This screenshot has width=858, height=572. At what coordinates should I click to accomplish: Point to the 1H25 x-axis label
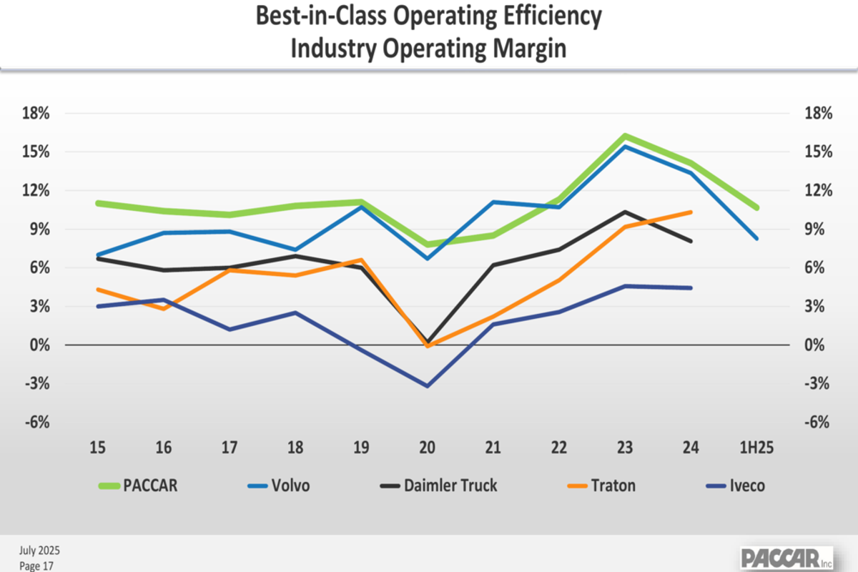pos(757,448)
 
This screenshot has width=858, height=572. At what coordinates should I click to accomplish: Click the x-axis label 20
pos(428,448)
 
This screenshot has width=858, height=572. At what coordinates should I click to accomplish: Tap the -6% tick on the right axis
pos(818,422)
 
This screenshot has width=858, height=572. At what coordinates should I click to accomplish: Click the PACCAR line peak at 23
pos(624,136)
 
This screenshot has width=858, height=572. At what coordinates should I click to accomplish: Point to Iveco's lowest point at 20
pos(428,386)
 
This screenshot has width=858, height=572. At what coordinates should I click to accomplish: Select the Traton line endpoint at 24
pos(690,212)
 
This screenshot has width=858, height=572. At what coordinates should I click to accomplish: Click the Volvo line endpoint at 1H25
pos(756,238)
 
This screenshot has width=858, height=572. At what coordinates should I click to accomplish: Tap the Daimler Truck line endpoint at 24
pos(690,241)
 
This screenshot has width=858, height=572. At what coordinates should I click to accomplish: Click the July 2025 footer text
pos(39,551)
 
